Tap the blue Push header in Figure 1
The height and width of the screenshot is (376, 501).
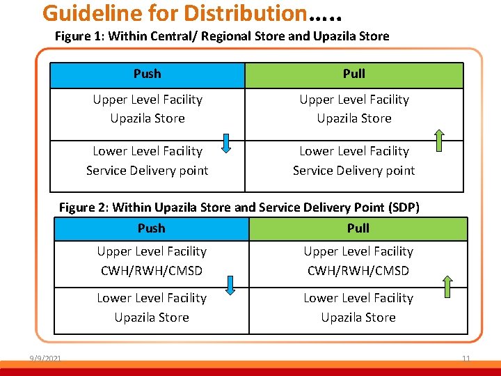(147, 74)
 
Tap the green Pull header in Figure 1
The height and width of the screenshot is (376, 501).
(353, 74)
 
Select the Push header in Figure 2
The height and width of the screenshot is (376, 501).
(151, 228)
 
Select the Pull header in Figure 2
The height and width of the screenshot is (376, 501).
(358, 228)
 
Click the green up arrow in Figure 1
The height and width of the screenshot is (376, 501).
(439, 140)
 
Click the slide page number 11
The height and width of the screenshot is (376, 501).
(466, 359)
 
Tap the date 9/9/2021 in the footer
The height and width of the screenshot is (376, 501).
(45, 359)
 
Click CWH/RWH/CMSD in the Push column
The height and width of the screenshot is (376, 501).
(152, 270)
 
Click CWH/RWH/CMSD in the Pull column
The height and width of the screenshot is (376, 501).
(358, 270)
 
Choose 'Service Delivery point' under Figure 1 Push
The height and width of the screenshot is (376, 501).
(147, 170)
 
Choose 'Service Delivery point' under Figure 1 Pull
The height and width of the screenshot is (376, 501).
(353, 170)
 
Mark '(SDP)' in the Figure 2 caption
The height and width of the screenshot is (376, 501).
(404, 207)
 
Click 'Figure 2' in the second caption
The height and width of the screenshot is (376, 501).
(83, 207)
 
